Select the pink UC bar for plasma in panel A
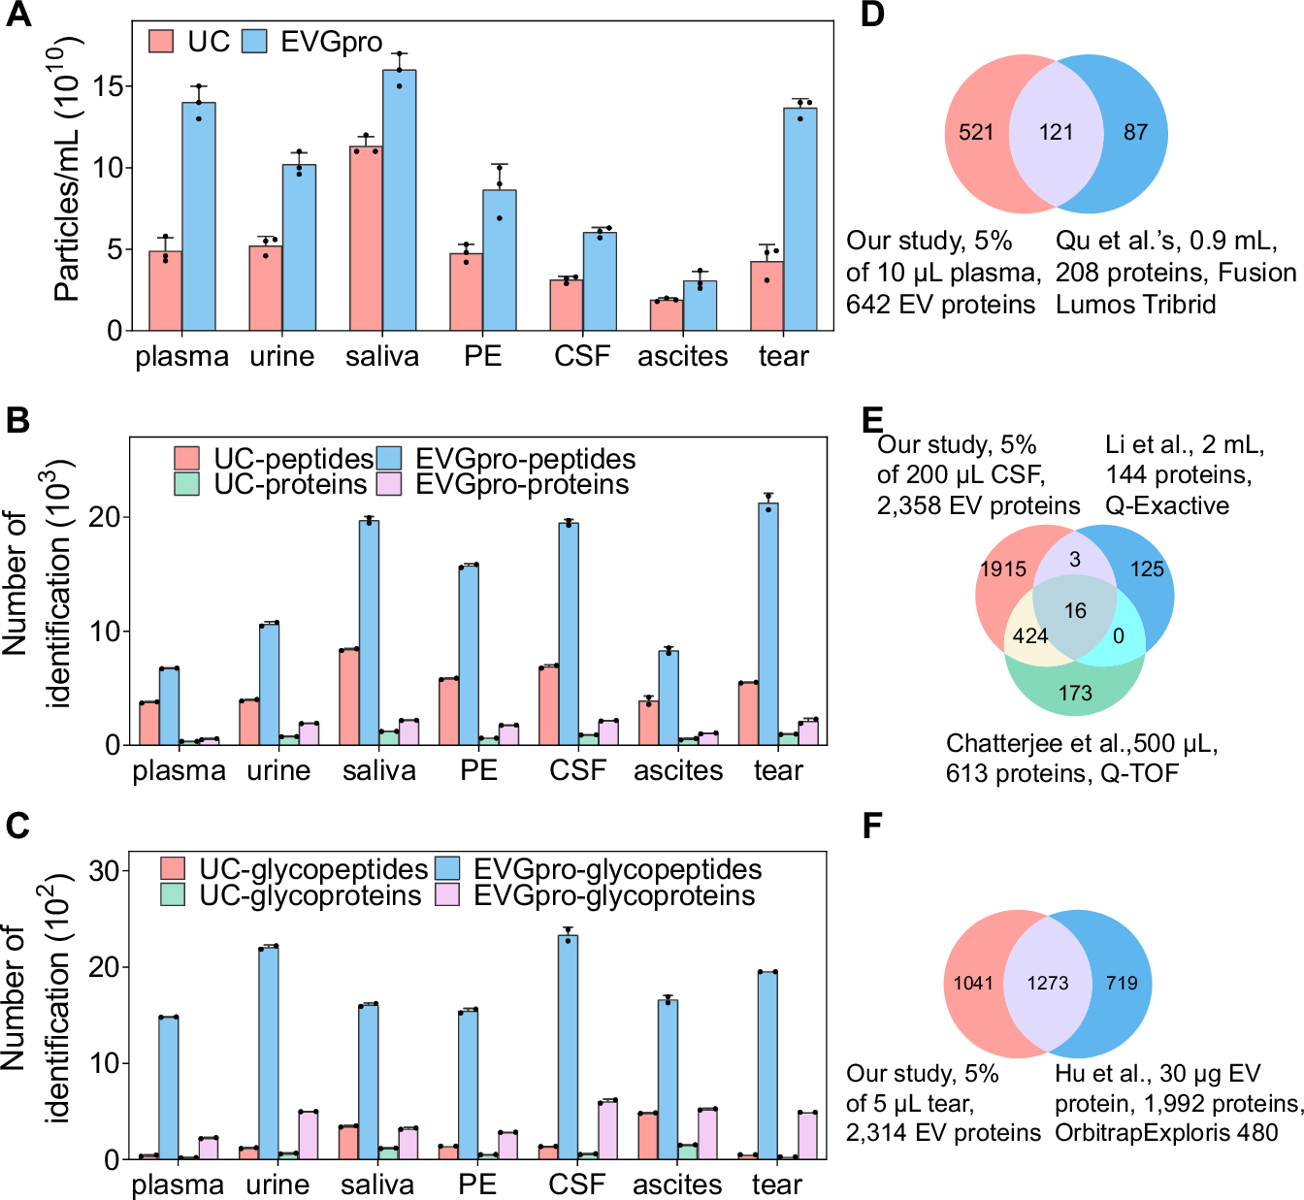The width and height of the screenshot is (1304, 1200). [165, 291]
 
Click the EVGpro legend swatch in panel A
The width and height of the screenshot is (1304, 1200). [254, 42]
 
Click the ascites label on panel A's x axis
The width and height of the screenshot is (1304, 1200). [682, 357]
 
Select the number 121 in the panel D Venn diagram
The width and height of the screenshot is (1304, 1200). [1056, 133]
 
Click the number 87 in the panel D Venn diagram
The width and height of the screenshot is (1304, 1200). [1135, 133]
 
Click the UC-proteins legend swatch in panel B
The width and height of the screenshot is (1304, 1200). [187, 484]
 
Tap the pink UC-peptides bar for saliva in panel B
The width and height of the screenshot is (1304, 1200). [349, 697]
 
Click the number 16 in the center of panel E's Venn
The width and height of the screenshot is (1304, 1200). [1075, 611]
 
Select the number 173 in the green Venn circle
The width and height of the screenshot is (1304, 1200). [1075, 694]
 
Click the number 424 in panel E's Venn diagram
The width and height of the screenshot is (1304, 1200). [1029, 636]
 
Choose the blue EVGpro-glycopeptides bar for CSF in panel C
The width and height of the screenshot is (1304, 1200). [568, 1047]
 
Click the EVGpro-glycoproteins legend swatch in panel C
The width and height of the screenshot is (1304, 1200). [447, 895]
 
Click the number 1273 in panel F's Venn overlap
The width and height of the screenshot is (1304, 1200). [1048, 984]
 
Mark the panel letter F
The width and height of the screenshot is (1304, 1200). [872, 826]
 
